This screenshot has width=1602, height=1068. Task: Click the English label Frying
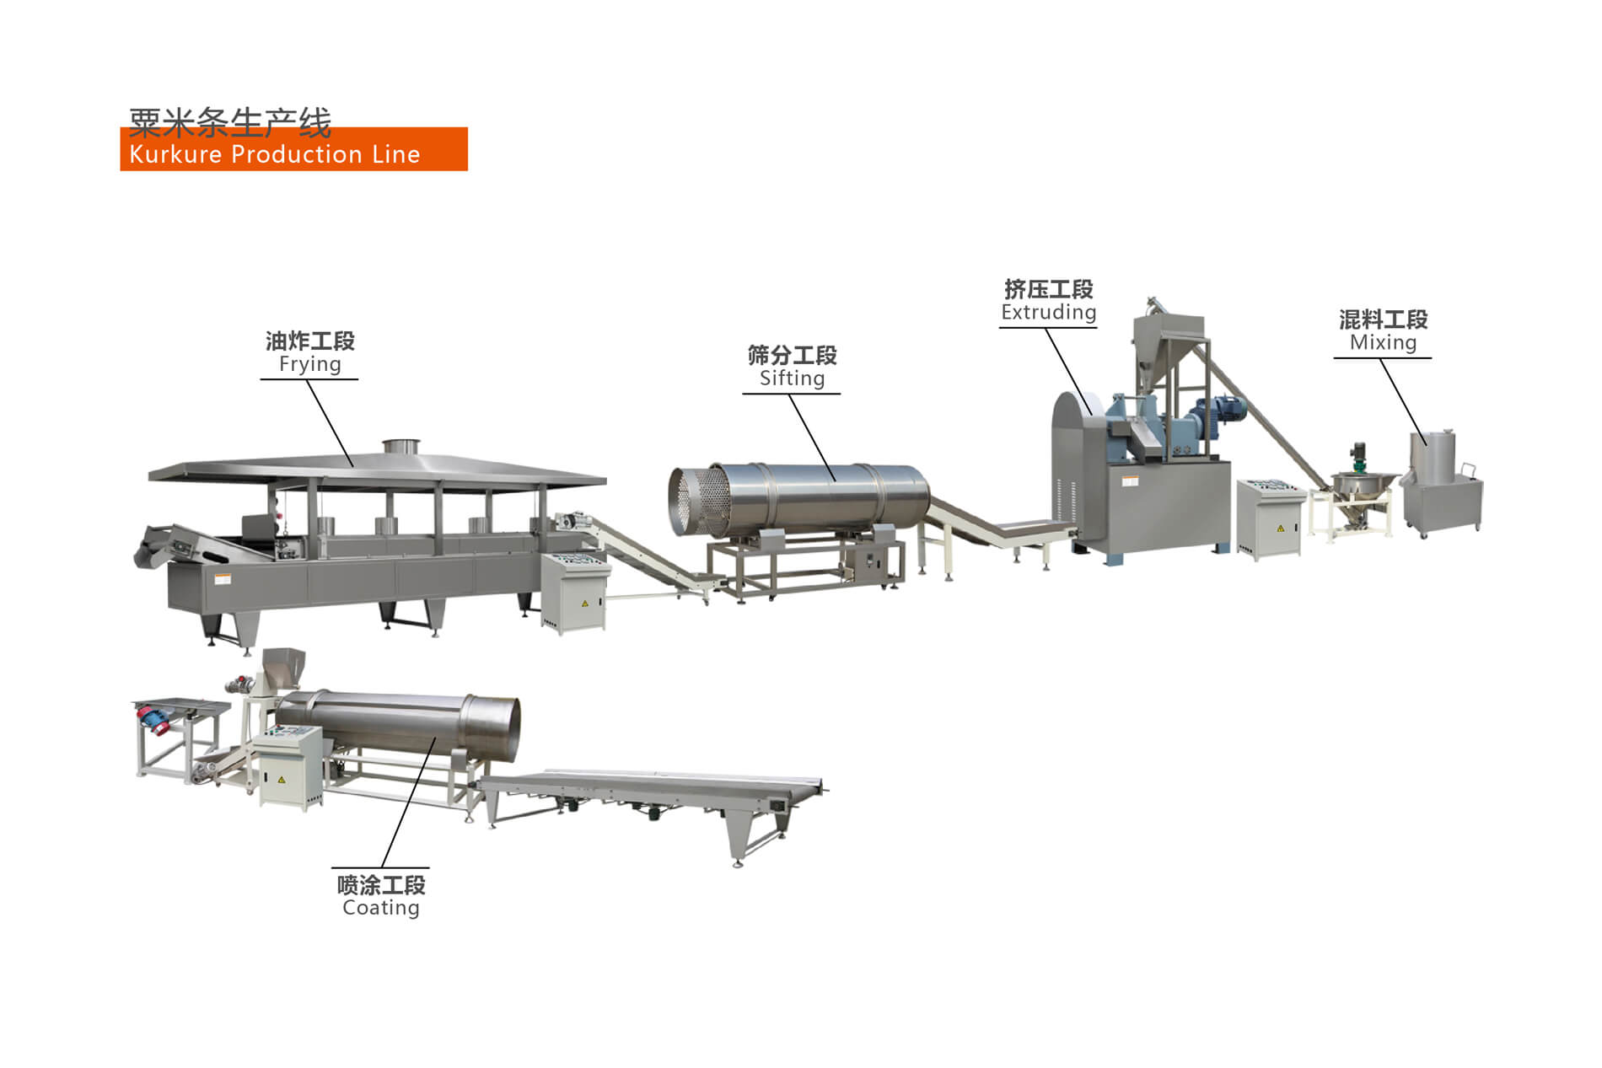tap(309, 364)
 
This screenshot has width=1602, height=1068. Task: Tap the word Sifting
tap(792, 378)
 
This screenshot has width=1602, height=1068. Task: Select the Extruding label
tap(1048, 313)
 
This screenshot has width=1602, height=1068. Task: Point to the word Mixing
tap(1383, 342)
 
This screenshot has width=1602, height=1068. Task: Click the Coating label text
tap(380, 908)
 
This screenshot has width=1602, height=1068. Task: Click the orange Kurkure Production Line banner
tap(293, 152)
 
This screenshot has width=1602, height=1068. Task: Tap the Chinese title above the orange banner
tap(229, 123)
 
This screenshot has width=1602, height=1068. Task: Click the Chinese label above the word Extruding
tap(1048, 289)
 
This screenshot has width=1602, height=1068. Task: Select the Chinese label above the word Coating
tap(380, 884)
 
